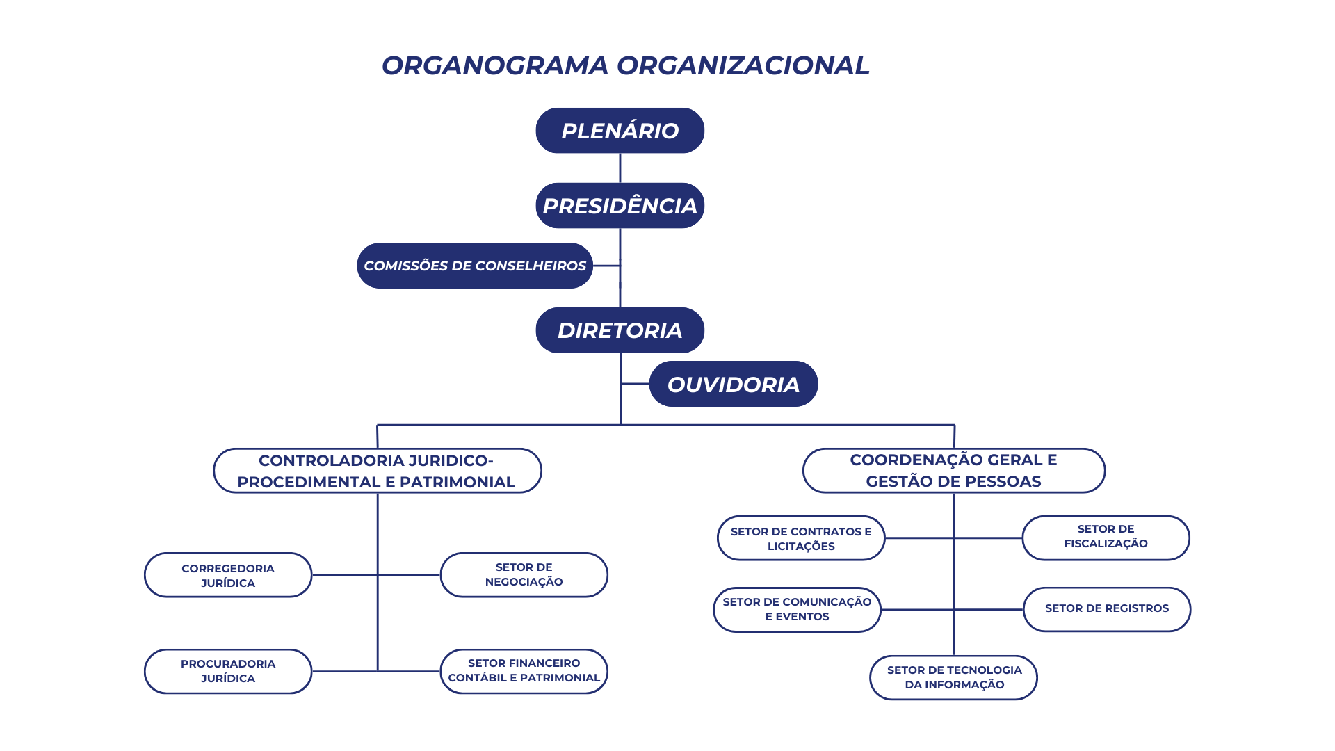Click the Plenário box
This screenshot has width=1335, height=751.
(620, 130)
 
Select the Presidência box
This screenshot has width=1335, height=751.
(620, 205)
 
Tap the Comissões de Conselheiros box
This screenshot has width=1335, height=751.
(475, 266)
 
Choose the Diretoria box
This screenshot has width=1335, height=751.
(620, 330)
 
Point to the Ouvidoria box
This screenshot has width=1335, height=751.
(734, 384)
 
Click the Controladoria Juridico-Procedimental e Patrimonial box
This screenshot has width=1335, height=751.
(378, 471)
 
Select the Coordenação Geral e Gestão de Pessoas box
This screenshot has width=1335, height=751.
(954, 471)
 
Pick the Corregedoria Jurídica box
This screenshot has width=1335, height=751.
(228, 575)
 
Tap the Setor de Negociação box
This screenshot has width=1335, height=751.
(524, 575)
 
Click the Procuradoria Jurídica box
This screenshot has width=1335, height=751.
(228, 672)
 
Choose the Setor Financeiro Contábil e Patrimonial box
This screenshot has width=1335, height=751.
(524, 672)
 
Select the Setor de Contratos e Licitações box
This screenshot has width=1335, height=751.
(801, 538)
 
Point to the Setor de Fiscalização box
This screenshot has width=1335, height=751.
(1106, 538)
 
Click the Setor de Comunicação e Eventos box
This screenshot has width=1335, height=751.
(798, 610)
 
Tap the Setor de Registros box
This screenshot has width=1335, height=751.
(1107, 610)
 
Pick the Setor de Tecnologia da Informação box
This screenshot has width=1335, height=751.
(954, 678)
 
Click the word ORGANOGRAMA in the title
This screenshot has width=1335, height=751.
(495, 65)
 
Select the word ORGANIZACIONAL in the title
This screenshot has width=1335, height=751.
(743, 65)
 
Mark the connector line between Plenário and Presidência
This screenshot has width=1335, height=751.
(620, 168)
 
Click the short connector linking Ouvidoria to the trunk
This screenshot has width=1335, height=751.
(636, 384)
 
